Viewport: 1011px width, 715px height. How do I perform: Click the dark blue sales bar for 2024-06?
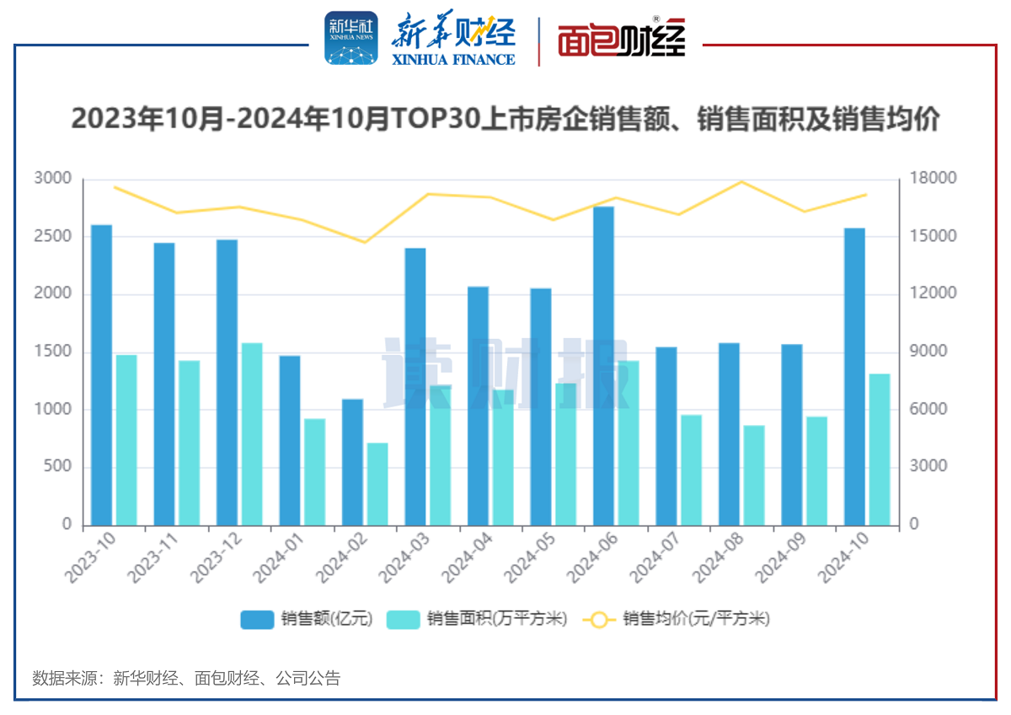603,367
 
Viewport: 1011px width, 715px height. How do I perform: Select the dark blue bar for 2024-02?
352,462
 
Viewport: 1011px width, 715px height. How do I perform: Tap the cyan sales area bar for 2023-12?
252,434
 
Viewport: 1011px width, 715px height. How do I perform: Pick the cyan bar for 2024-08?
754,476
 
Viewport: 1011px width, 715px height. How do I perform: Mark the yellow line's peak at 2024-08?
741,181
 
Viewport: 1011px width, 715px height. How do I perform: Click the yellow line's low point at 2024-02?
365,242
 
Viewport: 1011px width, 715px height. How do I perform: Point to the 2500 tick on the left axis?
52,236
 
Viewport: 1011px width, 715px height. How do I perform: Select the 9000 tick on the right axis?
928,352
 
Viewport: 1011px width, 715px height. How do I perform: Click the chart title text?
505,119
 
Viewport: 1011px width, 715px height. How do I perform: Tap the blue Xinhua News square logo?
351,39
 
